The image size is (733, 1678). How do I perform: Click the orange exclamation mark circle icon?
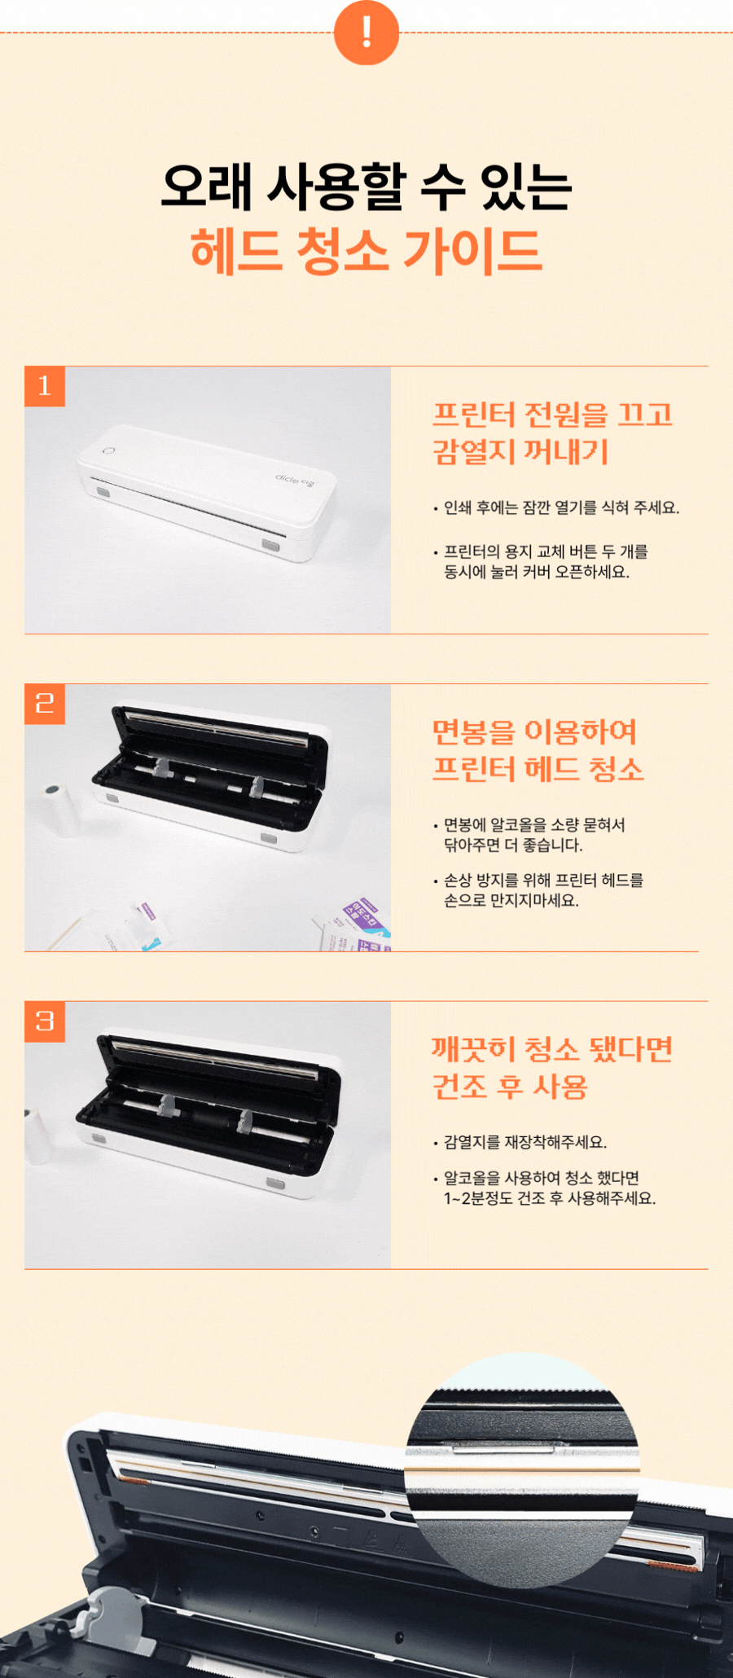tap(366, 33)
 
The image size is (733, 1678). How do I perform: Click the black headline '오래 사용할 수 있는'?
tap(366, 187)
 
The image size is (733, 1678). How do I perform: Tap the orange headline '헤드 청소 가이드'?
tap(366, 250)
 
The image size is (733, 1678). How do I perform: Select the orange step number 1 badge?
tap(45, 386)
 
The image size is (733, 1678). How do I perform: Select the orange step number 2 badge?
tap(45, 704)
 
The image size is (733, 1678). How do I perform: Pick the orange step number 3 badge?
tap(45, 1021)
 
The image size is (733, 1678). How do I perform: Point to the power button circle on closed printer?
tap(108, 451)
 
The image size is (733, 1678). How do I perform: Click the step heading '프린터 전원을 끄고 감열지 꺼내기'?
tap(553, 433)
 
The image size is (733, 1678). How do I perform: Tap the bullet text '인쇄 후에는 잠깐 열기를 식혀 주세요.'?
tap(557, 507)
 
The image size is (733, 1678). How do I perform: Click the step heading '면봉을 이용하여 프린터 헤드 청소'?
tap(538, 750)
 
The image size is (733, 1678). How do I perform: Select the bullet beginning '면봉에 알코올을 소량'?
tap(530, 835)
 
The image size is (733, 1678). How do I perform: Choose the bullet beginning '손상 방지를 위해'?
tap(539, 890)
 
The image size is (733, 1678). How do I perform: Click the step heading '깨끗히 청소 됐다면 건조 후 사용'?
tap(552, 1068)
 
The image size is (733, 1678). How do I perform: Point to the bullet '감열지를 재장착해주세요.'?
tap(520, 1142)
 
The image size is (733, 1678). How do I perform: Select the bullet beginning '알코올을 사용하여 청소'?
tap(545, 1188)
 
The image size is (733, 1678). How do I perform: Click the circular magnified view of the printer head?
tap(522, 1470)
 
